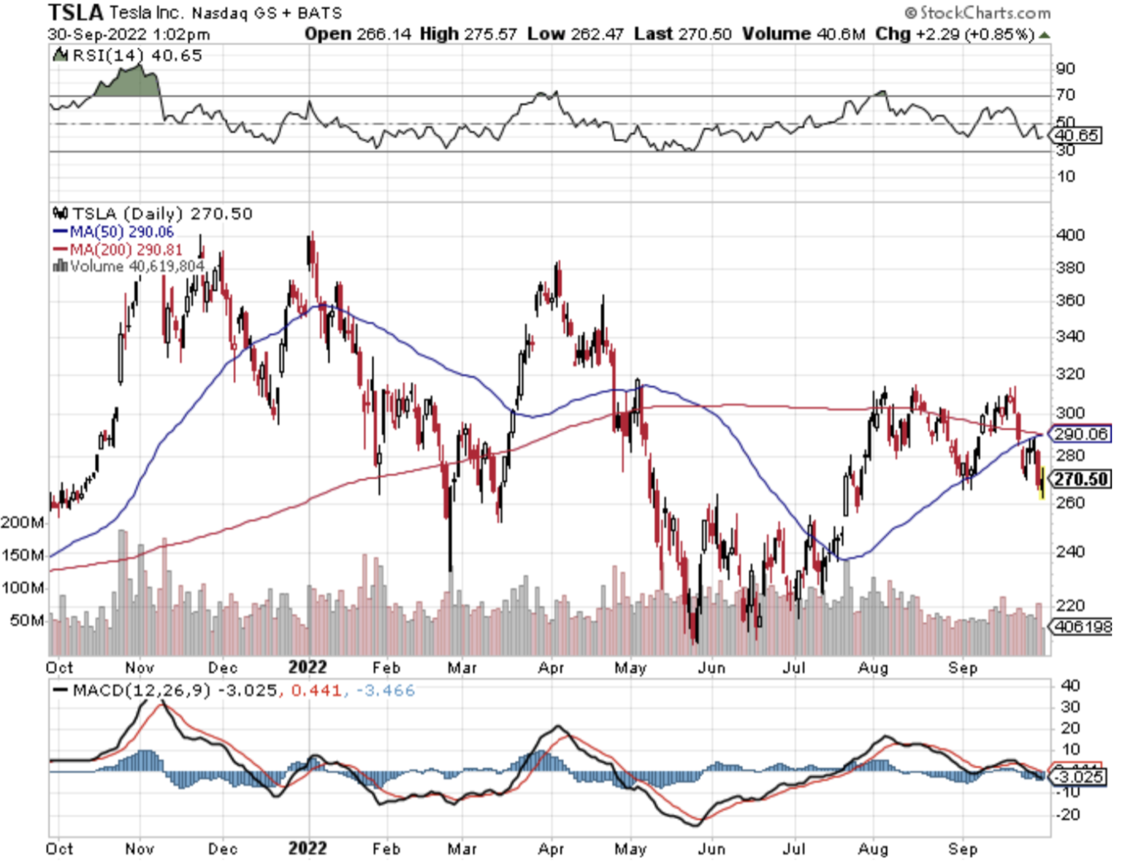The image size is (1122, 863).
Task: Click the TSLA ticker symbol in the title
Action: click(76, 12)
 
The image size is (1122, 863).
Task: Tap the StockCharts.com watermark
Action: click(977, 12)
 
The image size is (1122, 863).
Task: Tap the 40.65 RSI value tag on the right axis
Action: click(1077, 135)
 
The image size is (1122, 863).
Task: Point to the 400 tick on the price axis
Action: click(1070, 235)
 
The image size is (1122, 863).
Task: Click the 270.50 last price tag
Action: click(1081, 479)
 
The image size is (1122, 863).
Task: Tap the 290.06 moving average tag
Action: click(1081, 434)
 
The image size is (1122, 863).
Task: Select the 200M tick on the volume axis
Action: click(23, 522)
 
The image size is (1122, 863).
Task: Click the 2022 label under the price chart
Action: click(308, 667)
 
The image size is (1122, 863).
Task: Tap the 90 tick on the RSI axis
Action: click(1066, 69)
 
